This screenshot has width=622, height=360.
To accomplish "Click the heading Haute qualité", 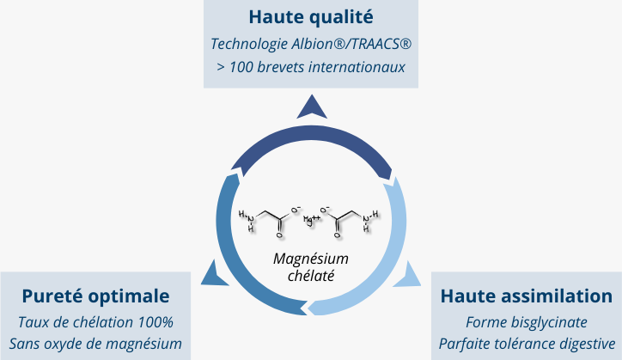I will point(311,16).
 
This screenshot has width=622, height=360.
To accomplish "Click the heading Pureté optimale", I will point(95,296).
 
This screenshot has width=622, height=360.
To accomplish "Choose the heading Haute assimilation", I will point(526,296).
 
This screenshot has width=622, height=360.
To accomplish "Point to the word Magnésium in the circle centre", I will point(311,259).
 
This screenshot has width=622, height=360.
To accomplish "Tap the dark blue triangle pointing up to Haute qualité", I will point(311,107).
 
